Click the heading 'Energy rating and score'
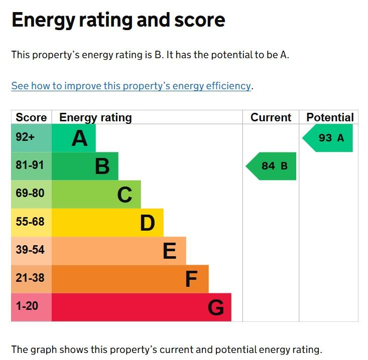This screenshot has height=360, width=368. tap(118, 21)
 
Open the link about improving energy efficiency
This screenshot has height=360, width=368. tap(131, 86)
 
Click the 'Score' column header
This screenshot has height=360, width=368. tap(31, 117)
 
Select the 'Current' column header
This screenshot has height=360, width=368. tap(271, 117)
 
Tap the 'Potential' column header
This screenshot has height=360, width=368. tap(330, 117)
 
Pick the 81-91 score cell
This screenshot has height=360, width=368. tap(30, 165)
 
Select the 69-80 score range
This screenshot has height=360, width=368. tap(30, 193)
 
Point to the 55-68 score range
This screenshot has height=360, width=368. tap(30, 222)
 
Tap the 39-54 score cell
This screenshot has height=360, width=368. tap(30, 250)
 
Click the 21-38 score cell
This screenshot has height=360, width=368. tap(30, 278)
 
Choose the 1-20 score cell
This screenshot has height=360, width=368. tap(27, 306)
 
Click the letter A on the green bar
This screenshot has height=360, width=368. tap(79, 138)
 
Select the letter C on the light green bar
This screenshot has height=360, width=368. tap(125, 195)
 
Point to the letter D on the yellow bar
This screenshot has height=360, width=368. tap(147, 223)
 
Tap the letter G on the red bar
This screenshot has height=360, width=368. tap(216, 307)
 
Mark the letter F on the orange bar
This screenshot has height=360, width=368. tap(191, 279)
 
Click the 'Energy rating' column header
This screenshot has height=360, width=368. tap(95, 117)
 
